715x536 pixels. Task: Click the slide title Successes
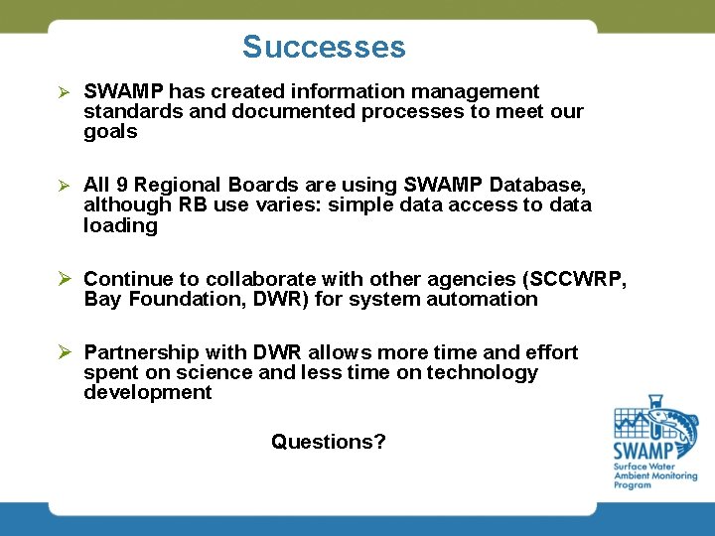[324, 47]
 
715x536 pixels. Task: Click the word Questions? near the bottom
[329, 442]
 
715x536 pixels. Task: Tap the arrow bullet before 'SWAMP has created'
[61, 92]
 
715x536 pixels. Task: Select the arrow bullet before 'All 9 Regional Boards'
[61, 186]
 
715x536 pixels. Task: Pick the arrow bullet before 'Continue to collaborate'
[63, 279]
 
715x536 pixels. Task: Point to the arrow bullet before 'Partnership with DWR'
[63, 352]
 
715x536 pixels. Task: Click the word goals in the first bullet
[110, 132]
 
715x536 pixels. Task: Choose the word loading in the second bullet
[120, 225]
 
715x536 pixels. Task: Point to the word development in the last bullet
[147, 392]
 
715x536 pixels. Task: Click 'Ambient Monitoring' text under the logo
[654, 476]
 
